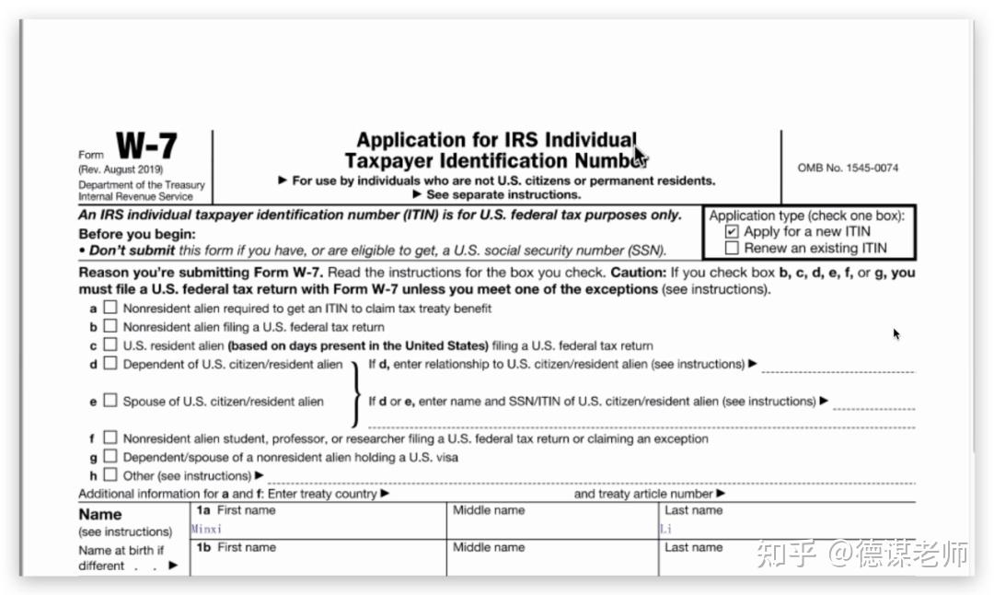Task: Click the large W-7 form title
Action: (146, 146)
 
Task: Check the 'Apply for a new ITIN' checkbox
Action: (732, 232)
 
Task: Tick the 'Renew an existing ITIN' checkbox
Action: (732, 248)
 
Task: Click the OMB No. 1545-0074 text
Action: (848, 168)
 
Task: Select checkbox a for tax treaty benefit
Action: (110, 308)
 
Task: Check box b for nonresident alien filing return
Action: (110, 326)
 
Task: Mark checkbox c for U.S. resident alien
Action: (110, 345)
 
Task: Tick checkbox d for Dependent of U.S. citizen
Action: (110, 364)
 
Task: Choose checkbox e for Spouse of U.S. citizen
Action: (110, 401)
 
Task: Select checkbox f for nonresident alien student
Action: (110, 438)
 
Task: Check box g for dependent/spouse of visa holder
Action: (110, 457)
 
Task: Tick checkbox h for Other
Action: (110, 475)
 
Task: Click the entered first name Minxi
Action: (207, 530)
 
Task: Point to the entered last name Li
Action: (666, 530)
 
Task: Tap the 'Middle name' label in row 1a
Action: (489, 510)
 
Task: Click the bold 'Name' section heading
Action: (100, 515)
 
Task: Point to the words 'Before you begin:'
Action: (137, 234)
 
